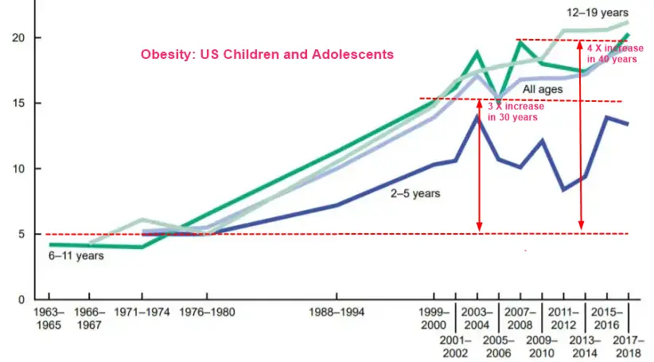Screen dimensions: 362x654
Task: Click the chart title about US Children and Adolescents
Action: coord(267,55)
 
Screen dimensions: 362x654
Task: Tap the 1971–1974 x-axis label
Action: coord(142,312)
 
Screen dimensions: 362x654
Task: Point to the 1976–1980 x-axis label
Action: coord(207,312)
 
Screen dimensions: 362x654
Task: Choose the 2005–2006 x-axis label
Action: coord(499,347)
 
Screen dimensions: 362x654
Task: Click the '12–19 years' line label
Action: coord(598,13)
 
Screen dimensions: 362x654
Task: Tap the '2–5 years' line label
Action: coord(415,193)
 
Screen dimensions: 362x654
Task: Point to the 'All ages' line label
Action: coord(543,90)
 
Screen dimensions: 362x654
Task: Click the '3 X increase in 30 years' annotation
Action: coord(516,111)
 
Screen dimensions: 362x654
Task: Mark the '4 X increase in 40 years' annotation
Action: coord(615,53)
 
